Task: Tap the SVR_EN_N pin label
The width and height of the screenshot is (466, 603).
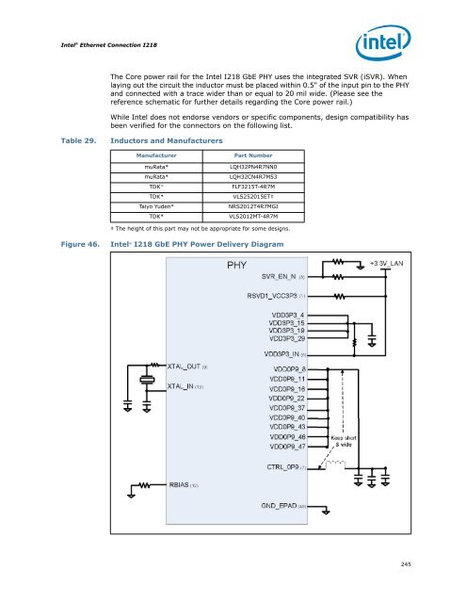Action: tap(273, 277)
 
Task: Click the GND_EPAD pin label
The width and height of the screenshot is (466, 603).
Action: tap(275, 506)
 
